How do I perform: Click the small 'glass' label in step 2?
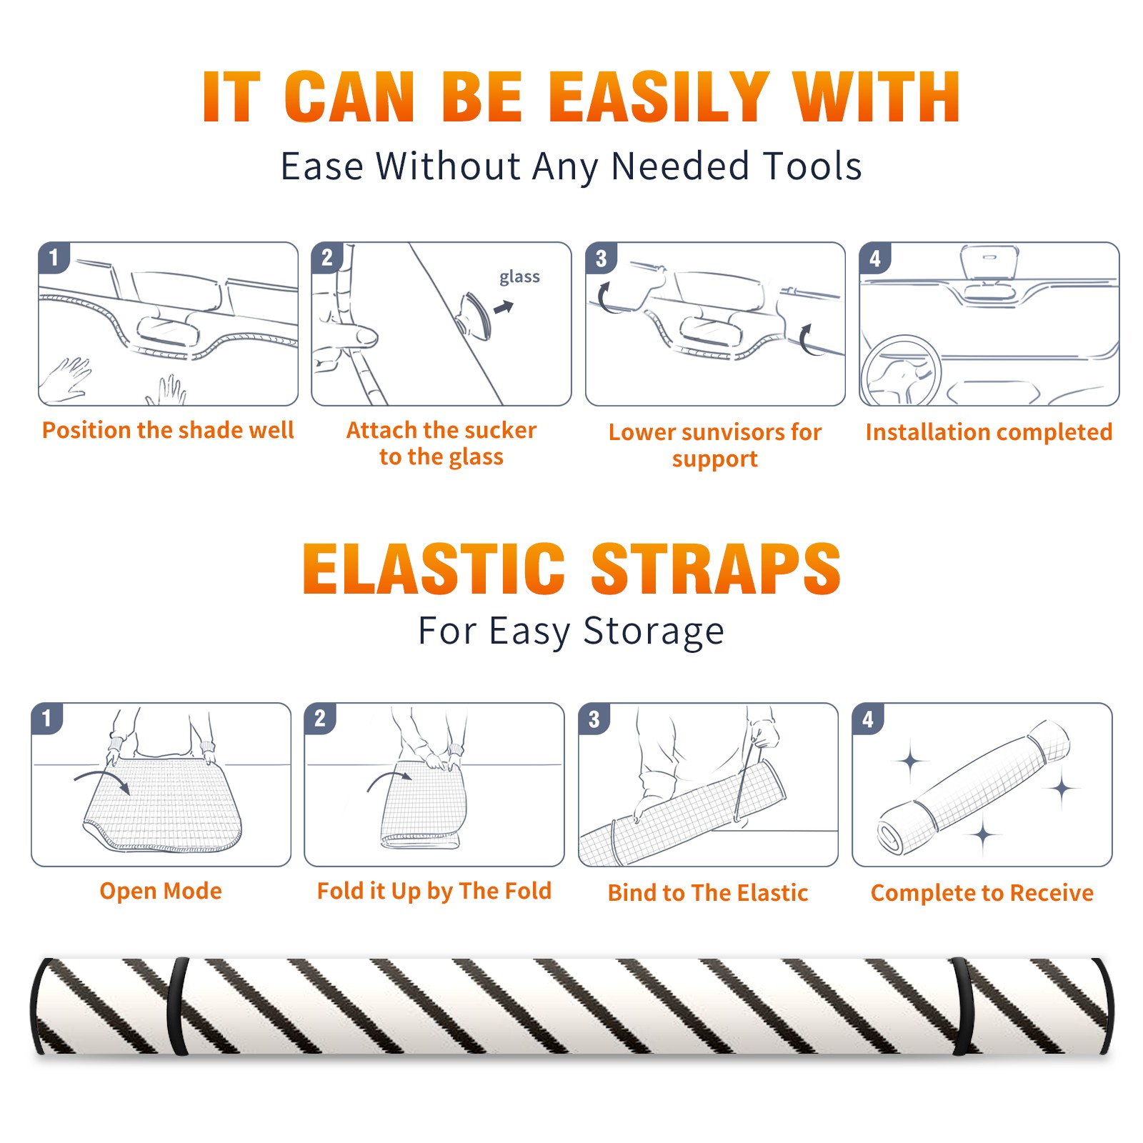pos(519,277)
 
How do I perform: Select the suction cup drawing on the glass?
pos(475,315)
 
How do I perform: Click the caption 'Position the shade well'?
pos(168,430)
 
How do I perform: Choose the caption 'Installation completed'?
pos(989,432)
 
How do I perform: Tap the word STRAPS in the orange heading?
pos(716,569)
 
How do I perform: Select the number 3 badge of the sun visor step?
pos(601,258)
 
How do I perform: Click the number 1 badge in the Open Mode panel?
pos(47,718)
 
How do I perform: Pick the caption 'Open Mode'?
pos(161,891)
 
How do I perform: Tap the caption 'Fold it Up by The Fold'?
pos(434,891)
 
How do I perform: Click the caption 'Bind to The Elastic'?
pos(708,893)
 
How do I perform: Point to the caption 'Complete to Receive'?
pos(982,893)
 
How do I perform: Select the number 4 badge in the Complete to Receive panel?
pos(868,719)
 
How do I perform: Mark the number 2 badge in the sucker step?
pos(327,257)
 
